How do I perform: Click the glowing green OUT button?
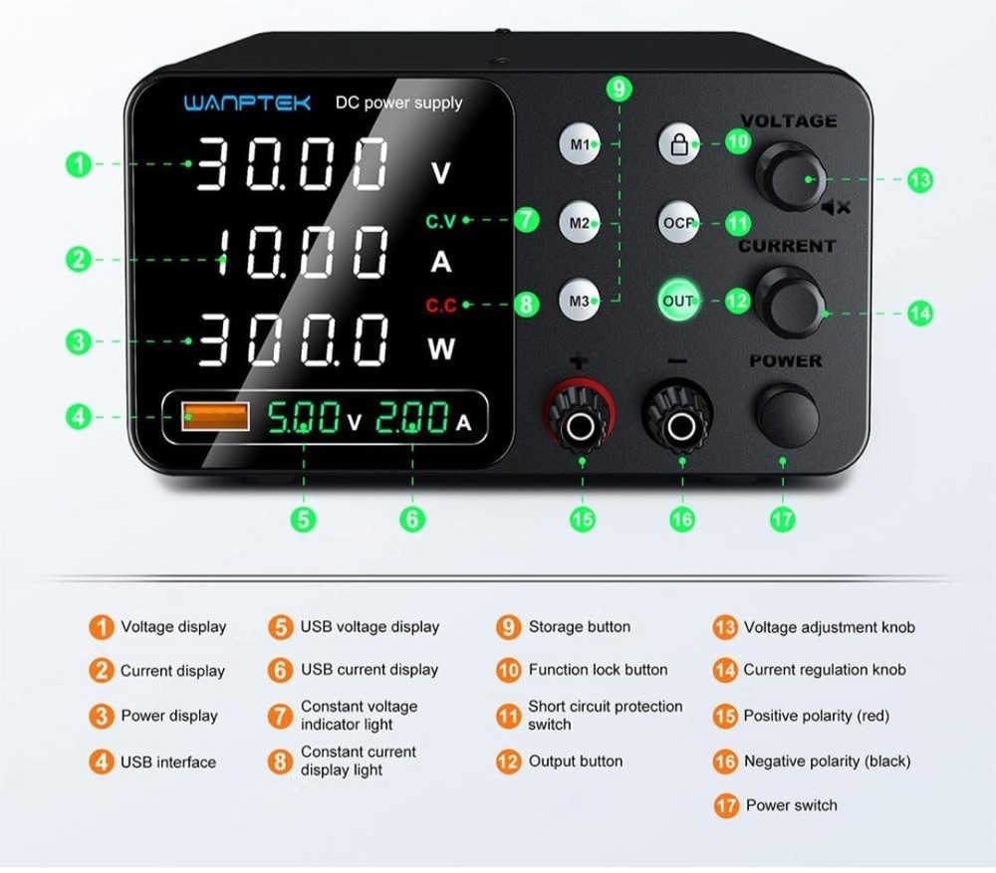coord(678,300)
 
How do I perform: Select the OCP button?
coord(678,223)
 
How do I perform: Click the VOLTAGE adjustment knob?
coord(788,176)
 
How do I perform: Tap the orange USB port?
coord(215,417)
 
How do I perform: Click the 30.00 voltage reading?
coord(291,165)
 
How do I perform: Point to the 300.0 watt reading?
coord(291,339)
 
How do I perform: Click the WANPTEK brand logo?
coord(247,102)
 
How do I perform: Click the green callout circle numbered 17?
coord(783,518)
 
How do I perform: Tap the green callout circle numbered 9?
coord(619,90)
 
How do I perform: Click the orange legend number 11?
coord(509,716)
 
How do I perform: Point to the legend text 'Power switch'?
coord(791,805)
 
